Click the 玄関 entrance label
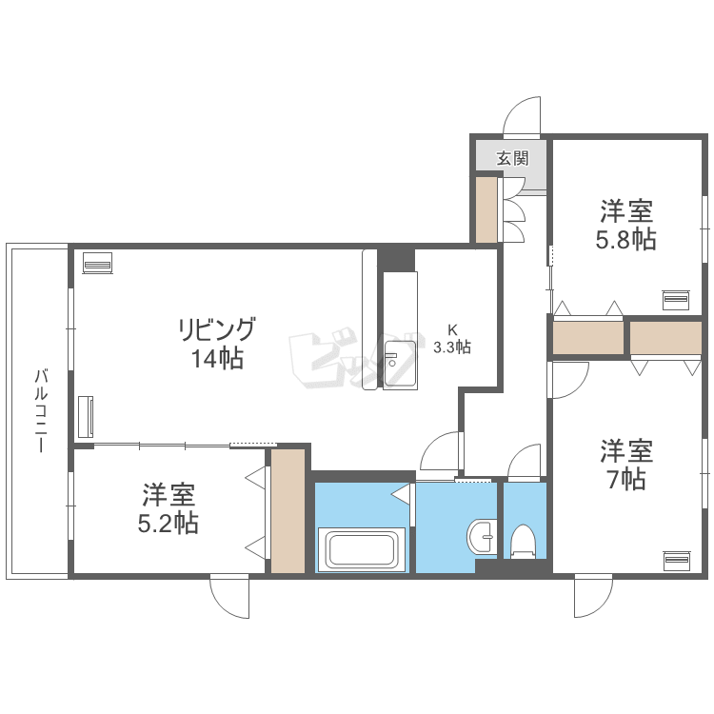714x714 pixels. (512, 158)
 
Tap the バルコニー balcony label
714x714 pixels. (42, 410)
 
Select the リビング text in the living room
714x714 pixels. (217, 328)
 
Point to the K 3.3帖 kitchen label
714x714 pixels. (451, 339)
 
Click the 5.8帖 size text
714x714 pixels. (626, 239)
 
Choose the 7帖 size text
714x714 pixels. (626, 479)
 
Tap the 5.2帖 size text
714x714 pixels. (168, 524)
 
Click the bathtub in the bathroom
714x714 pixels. (362, 549)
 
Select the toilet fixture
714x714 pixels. (523, 542)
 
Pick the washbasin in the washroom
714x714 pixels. (481, 536)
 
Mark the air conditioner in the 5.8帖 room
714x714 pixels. (676, 300)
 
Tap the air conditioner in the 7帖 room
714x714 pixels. (677, 561)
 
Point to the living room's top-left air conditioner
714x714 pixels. (97, 263)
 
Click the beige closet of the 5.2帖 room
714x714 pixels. (288, 511)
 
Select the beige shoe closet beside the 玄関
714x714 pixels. (486, 209)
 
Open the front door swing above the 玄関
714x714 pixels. (522, 114)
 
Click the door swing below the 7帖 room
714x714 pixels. (593, 597)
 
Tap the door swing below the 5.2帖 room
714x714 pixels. (229, 598)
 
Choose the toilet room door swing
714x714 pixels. (525, 461)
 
